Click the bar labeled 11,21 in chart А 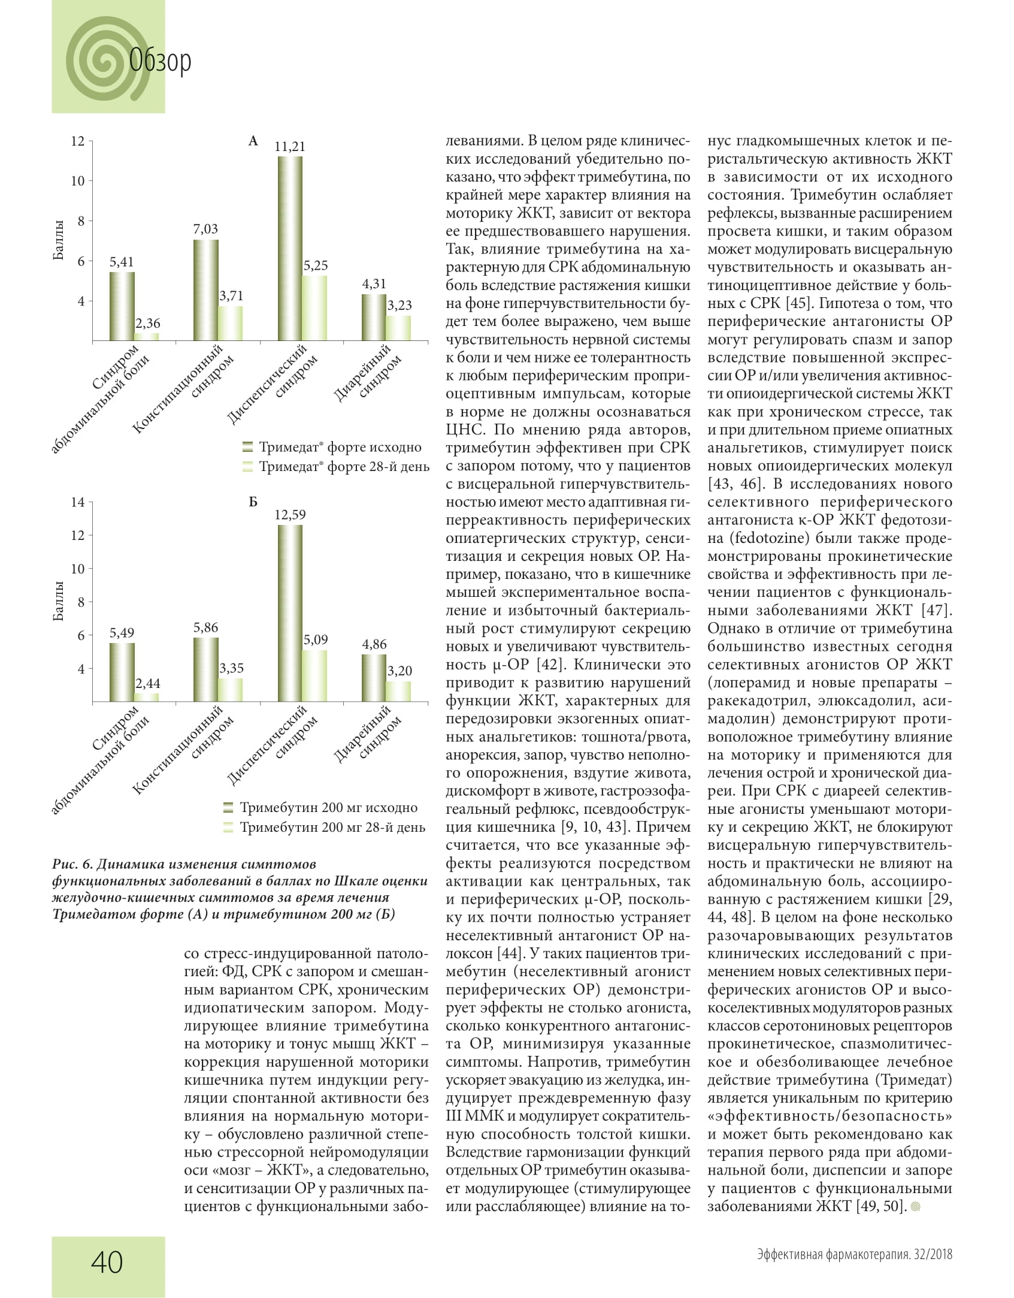coord(290,249)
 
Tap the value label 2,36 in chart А coord(147,324)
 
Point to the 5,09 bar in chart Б coord(315,675)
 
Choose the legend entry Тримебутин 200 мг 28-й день coord(332,827)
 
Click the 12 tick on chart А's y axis coord(78,141)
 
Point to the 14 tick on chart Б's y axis coord(78,502)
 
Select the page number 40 coord(107,1261)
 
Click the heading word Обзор coord(161,61)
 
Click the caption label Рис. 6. coord(72,864)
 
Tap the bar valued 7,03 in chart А coord(206,290)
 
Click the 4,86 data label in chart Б coord(374,644)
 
